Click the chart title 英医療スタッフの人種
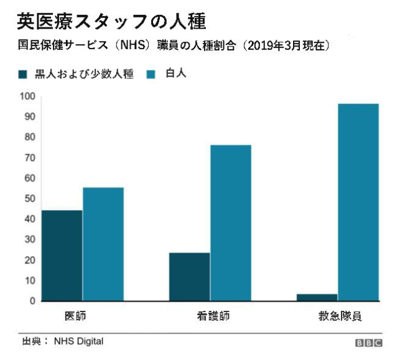pyautogui.click(x=111, y=21)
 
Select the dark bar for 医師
pyautogui.click(x=62, y=256)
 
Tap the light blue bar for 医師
pyautogui.click(x=103, y=244)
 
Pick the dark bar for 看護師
pyautogui.click(x=189, y=277)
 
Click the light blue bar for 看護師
pyautogui.click(x=231, y=223)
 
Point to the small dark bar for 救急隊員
pyautogui.click(x=317, y=297)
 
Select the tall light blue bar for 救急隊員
pyautogui.click(x=358, y=202)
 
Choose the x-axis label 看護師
pyautogui.click(x=210, y=316)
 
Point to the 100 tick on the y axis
pyautogui.click(x=27, y=96)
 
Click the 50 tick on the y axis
pyautogui.click(x=29, y=198)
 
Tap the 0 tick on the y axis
pyautogui.click(x=32, y=301)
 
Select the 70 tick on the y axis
pyautogui.click(x=29, y=158)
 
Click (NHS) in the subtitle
pyautogui.click(x=128, y=45)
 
